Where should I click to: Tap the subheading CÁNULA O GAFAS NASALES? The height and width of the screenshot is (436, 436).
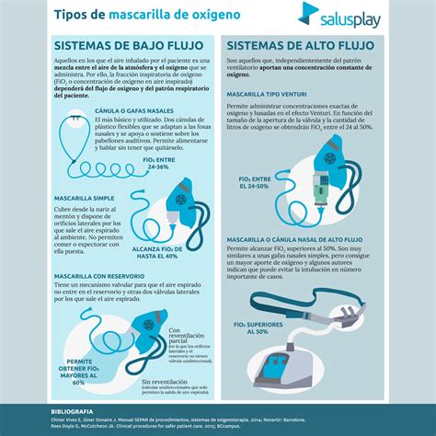pyautogui.click(x=116, y=111)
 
